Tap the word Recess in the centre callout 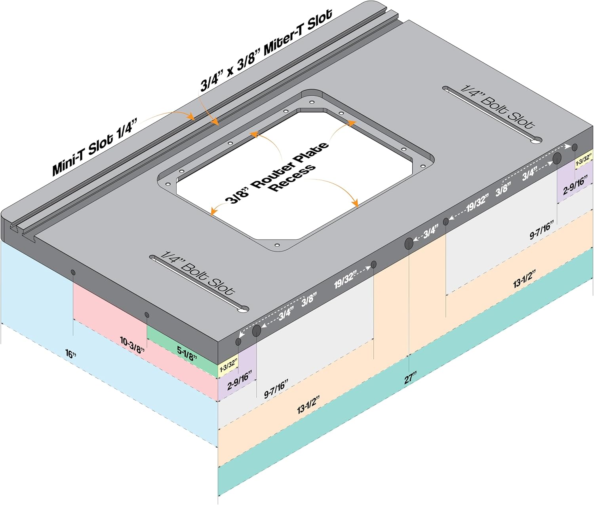point(293,178)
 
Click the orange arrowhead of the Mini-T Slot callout point(190,117)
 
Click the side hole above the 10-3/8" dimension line point(73,272)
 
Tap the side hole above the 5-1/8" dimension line point(147,315)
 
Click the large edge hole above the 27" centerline point(409,243)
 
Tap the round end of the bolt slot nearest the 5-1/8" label point(243,309)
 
